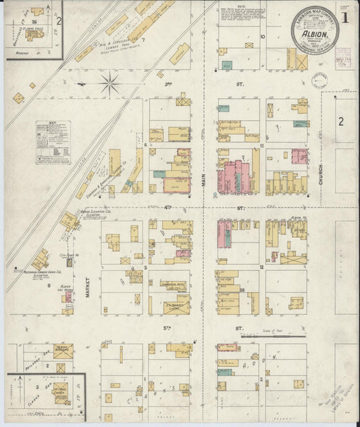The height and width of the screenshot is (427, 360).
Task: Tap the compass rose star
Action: coord(109,84)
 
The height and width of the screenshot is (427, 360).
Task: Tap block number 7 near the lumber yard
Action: coord(143,40)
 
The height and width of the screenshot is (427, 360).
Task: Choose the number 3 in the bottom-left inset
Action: coord(38,388)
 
